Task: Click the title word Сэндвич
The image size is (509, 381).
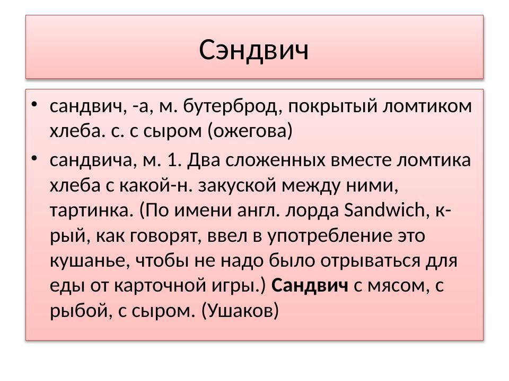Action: [x=254, y=50]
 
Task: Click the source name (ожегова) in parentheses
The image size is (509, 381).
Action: [x=251, y=131]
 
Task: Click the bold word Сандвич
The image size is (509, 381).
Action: [x=310, y=286]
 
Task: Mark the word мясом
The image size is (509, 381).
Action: [x=396, y=286]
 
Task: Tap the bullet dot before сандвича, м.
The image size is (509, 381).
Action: [x=34, y=157]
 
